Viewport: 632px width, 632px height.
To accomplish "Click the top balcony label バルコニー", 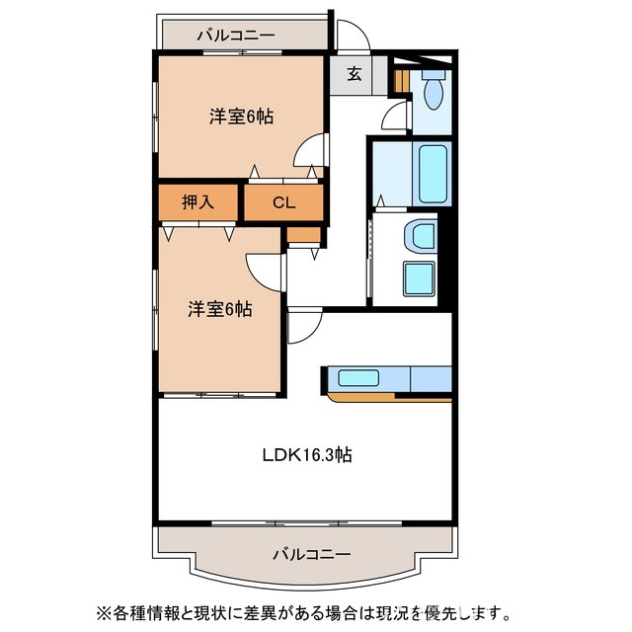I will click(x=235, y=36).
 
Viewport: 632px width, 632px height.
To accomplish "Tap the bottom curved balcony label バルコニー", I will click(x=311, y=554).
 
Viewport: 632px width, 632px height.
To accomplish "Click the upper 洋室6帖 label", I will click(x=241, y=116).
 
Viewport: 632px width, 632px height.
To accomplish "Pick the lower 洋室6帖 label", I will click(x=220, y=309).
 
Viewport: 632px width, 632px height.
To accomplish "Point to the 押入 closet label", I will click(x=197, y=203).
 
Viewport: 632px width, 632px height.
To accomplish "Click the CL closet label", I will click(x=283, y=203).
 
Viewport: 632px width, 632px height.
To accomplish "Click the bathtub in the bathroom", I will click(x=434, y=173).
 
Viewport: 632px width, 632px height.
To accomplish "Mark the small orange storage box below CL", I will click(x=304, y=235).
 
